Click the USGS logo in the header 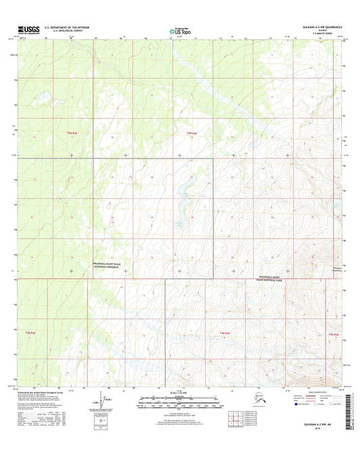tap(24, 30)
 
